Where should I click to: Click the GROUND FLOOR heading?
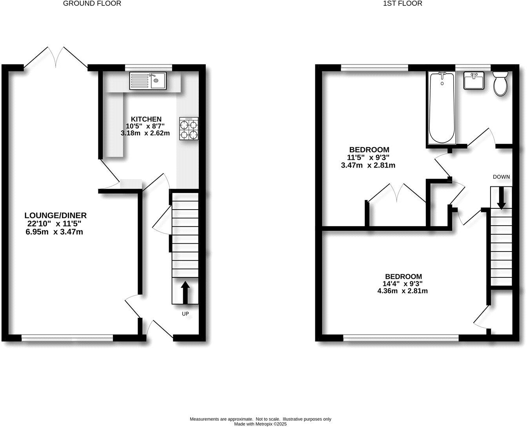(92, 4)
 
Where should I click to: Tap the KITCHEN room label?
(146, 119)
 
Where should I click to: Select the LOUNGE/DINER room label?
(55, 215)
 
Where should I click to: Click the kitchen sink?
(148, 81)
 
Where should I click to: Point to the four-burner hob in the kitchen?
(189, 129)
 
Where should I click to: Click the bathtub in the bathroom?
(442, 107)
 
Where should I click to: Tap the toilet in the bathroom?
(500, 84)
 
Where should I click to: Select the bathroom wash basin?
(474, 81)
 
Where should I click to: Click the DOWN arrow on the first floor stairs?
(501, 199)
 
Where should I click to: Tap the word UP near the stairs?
(185, 314)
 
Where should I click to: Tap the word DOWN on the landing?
(502, 177)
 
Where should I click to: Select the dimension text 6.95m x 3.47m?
(55, 232)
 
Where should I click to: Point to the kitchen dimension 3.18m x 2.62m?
(145, 133)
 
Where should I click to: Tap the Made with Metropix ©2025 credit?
(261, 424)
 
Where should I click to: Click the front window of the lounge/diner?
(67, 337)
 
